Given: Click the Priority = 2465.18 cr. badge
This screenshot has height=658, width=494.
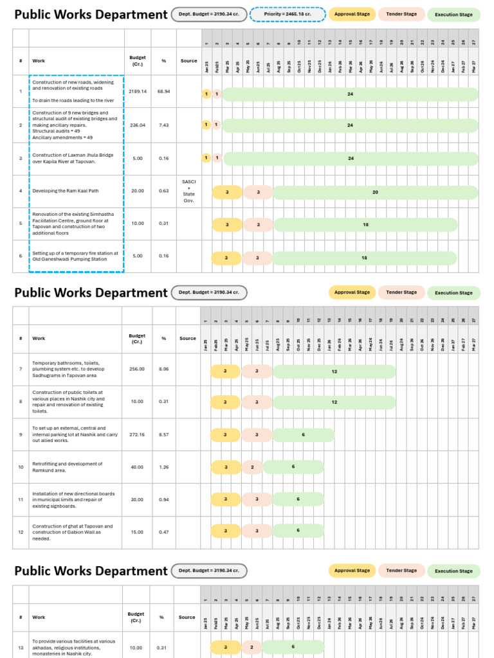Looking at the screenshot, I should point(287,14).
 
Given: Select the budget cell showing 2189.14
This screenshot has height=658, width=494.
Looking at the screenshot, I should point(138,92).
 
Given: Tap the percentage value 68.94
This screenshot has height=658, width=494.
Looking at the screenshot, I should point(164,92).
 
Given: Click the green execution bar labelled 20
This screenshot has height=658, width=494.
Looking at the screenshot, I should point(376,192).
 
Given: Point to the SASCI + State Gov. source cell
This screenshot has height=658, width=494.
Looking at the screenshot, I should point(189,191).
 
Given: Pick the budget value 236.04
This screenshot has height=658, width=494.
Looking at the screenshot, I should point(138,125).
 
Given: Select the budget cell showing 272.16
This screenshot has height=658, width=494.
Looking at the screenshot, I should point(137,435).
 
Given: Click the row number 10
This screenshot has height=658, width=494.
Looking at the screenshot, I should point(21,467).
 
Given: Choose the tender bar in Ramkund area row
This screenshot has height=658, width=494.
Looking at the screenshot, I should point(252,467).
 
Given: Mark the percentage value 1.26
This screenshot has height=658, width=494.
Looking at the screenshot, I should point(163,467).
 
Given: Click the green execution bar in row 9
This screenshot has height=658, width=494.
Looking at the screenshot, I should point(304,435).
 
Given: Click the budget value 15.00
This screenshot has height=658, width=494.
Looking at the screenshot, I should point(137,532).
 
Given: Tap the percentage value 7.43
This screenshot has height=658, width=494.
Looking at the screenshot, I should point(164,125).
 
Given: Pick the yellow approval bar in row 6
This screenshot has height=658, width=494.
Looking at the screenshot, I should point(226,258).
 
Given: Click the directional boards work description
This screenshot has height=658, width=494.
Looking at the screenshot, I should point(73,499).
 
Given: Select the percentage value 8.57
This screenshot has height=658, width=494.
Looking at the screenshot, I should point(163,435).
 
